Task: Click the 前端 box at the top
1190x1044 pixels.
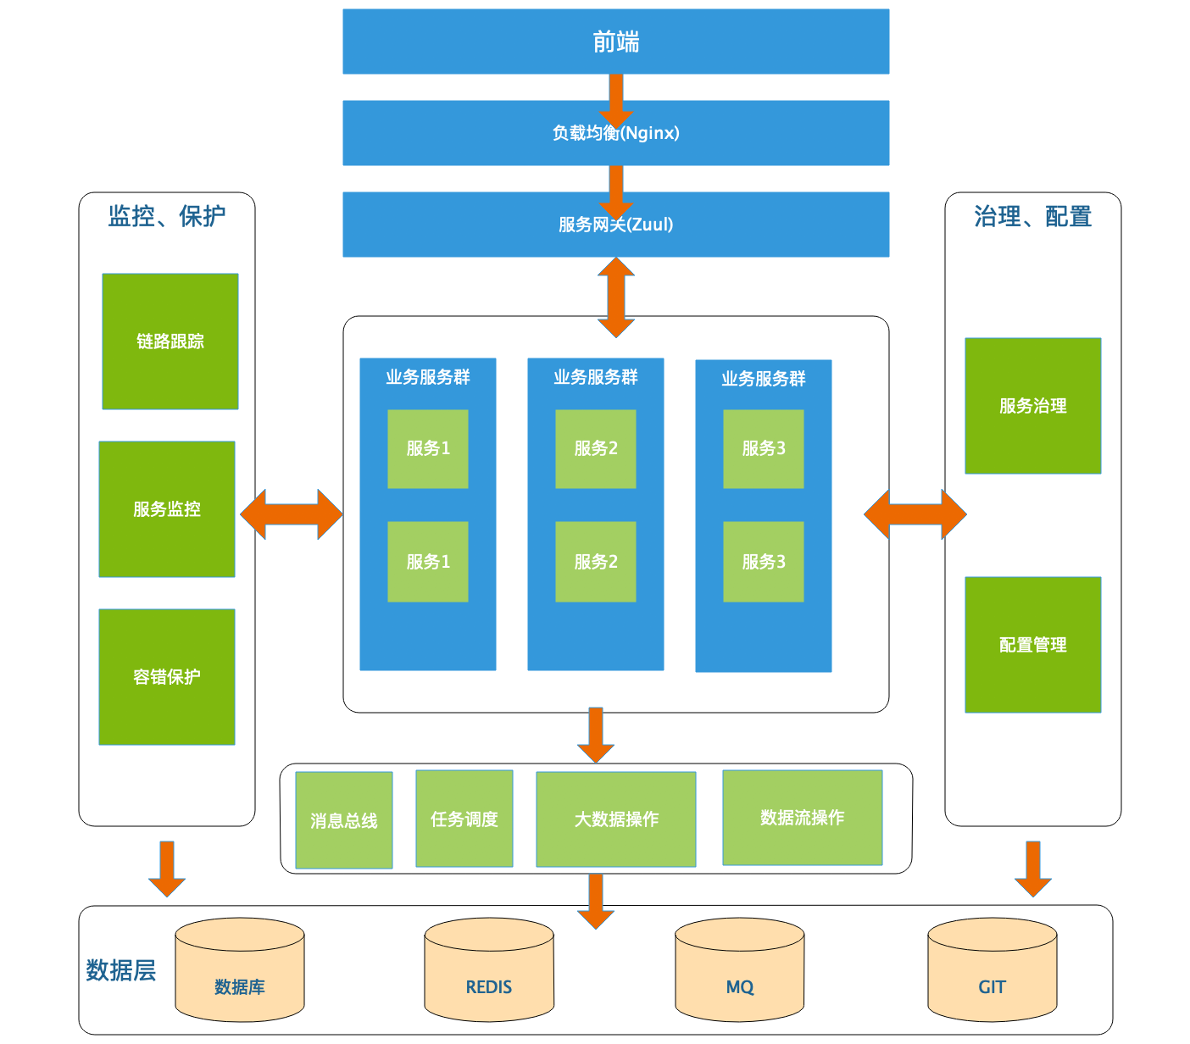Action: [x=615, y=42]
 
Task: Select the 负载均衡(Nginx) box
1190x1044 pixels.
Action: [x=615, y=133]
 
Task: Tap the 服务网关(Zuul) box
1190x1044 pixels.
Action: [x=615, y=225]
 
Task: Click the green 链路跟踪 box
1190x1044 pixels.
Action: [x=170, y=342]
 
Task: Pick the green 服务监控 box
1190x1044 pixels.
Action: [x=167, y=509]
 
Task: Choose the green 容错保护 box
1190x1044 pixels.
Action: [x=167, y=677]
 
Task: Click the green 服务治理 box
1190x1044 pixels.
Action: [x=1032, y=406]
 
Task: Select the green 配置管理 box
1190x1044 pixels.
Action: [x=1032, y=645]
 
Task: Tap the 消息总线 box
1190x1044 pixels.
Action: [x=344, y=820]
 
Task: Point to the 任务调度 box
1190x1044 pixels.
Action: [x=464, y=819]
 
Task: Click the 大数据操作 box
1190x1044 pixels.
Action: [x=616, y=819]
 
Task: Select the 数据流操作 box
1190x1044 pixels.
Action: [x=802, y=818]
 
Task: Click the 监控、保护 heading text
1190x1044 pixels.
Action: [x=167, y=217]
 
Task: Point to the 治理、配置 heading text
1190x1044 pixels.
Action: [x=1032, y=217]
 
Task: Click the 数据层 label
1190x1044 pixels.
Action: [x=121, y=970]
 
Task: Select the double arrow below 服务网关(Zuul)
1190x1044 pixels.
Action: [x=616, y=297]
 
